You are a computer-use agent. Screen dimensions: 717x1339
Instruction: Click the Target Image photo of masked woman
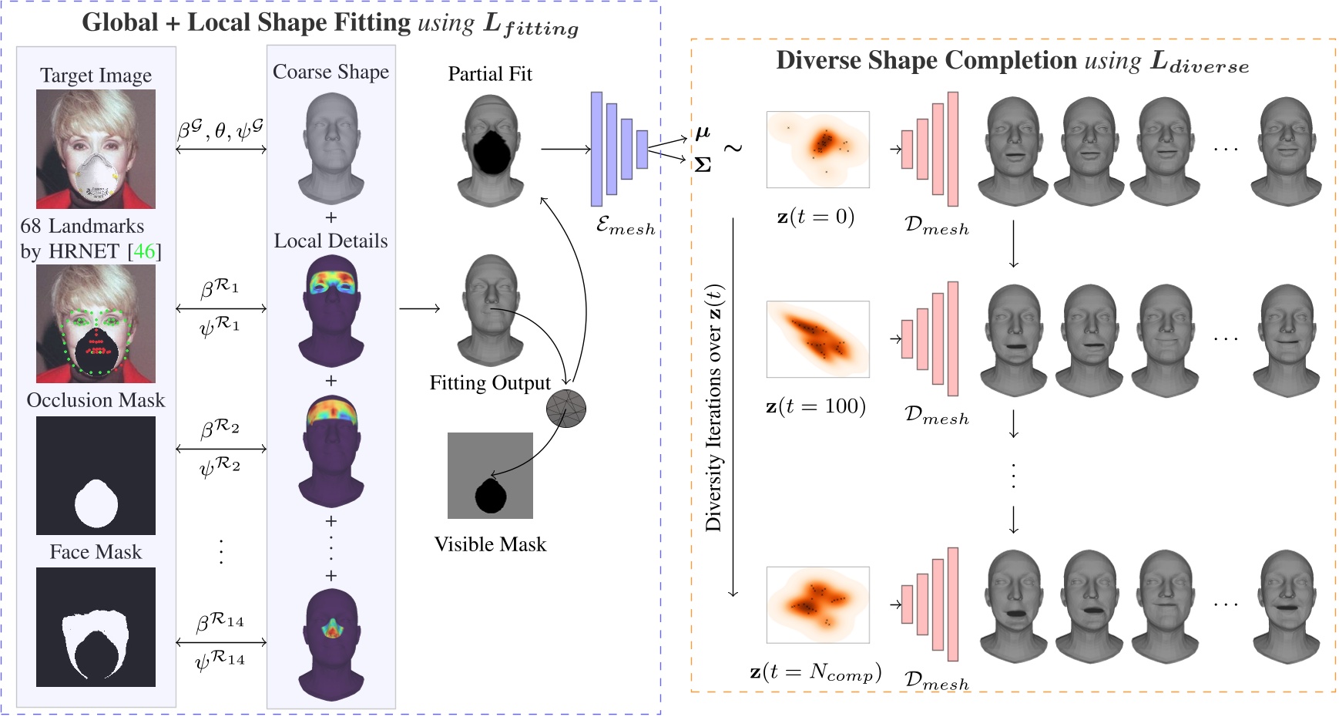tap(96, 149)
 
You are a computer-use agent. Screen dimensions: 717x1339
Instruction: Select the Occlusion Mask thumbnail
tap(96, 476)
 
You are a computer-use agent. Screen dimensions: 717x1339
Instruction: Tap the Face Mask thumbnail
tap(96, 627)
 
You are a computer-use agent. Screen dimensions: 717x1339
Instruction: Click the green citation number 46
tap(144, 251)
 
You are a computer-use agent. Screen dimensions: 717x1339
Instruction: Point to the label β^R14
tap(220, 621)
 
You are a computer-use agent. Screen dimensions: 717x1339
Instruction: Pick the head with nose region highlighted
tap(331, 645)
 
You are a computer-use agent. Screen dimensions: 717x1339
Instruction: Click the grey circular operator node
tap(566, 409)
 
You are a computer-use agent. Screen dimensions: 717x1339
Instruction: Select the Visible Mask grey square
tap(490, 475)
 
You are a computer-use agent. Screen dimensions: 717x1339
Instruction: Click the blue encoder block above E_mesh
tap(619, 149)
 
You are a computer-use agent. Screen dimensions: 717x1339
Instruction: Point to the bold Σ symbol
tap(703, 165)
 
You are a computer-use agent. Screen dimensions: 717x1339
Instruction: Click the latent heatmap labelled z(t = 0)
tap(817, 150)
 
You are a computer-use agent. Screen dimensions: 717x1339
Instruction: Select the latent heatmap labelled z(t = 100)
tap(817, 339)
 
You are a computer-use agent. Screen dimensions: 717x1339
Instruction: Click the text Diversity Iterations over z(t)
tap(714, 409)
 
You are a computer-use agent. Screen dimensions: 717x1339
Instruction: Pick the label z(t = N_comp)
tap(815, 672)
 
